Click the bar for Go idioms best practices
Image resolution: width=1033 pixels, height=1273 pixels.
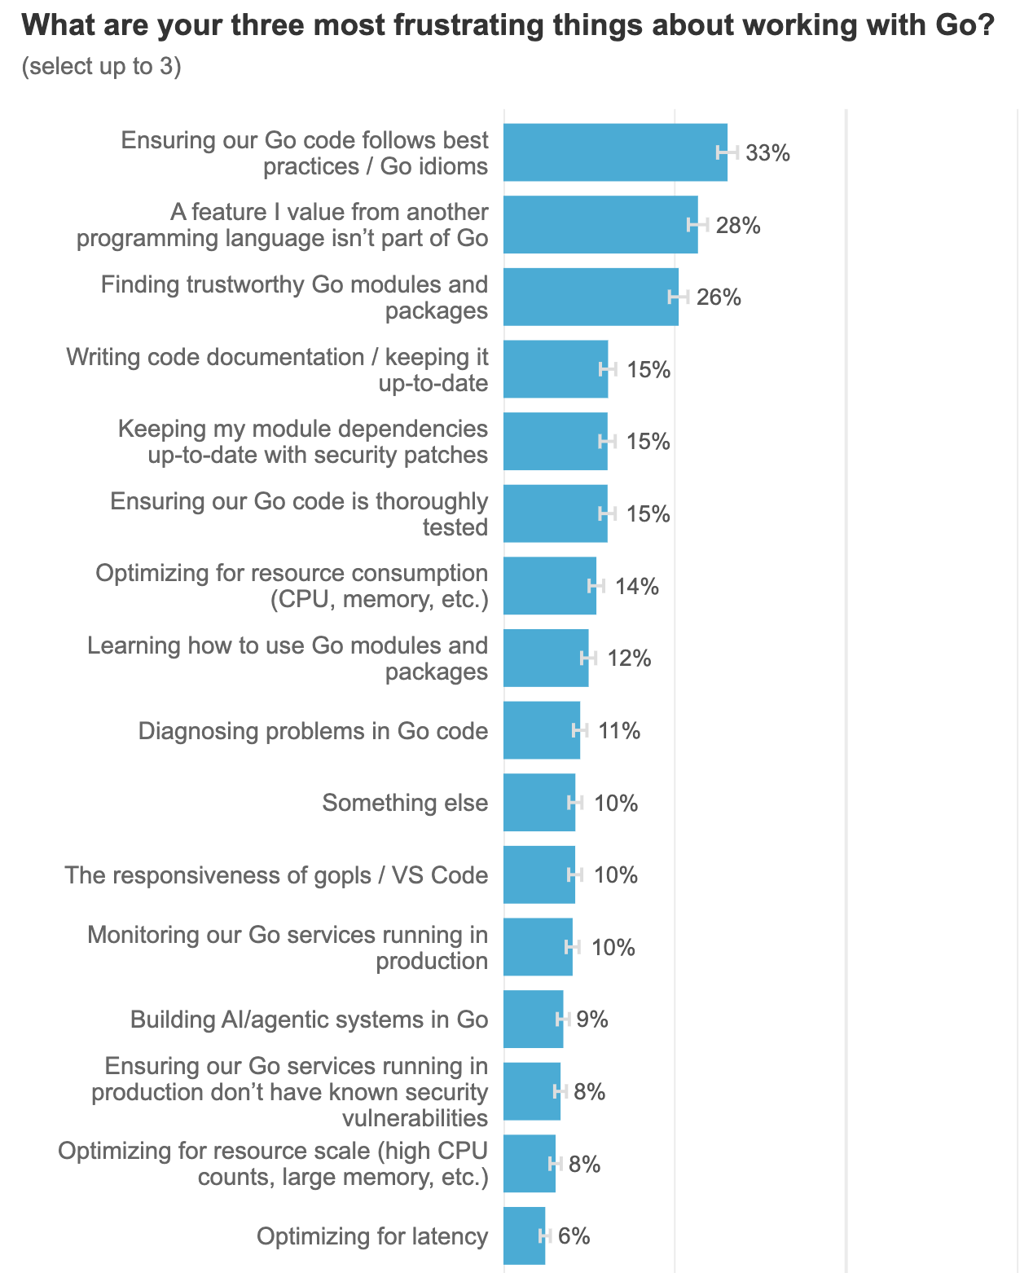615,152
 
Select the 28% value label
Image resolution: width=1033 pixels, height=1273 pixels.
737,225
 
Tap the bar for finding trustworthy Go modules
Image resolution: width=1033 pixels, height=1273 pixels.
591,297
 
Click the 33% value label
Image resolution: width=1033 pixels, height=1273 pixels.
767,153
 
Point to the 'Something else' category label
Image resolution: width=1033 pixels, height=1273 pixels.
404,803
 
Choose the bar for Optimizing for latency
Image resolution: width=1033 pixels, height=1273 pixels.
524,1236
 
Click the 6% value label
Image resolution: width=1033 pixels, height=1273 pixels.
574,1236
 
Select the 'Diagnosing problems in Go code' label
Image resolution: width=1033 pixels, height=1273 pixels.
313,731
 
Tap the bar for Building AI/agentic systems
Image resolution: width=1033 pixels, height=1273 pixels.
533,1019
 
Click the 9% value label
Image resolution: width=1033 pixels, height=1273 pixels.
592,1020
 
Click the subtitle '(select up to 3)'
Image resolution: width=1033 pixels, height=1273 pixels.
101,66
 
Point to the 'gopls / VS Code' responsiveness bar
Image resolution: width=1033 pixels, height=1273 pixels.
539,874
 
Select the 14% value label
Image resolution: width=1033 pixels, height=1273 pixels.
636,586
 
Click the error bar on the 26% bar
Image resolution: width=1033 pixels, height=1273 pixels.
678,297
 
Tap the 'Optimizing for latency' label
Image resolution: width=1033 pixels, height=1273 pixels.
372,1236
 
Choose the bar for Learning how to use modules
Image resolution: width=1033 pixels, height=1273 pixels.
546,658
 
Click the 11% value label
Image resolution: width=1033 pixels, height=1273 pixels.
619,731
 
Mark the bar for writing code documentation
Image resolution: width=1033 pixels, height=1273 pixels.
556,368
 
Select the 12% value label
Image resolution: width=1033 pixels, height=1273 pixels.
629,659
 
